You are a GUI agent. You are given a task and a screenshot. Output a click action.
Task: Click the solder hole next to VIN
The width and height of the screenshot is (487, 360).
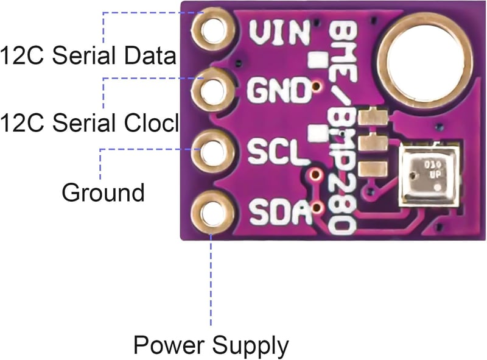[212, 30]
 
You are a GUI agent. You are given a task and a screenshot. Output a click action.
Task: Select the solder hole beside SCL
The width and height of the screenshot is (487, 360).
[212, 152]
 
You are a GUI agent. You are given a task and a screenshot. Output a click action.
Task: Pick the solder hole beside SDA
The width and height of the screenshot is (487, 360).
[212, 212]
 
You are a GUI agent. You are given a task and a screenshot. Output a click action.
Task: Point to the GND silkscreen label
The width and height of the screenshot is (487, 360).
[279, 90]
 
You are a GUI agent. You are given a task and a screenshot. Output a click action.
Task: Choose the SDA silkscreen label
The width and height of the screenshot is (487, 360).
[281, 212]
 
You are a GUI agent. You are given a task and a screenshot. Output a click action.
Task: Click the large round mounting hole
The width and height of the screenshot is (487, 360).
[426, 59]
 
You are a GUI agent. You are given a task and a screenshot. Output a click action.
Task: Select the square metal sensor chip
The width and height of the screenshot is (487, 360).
[429, 176]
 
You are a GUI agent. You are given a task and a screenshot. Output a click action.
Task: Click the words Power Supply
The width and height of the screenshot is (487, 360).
[211, 346]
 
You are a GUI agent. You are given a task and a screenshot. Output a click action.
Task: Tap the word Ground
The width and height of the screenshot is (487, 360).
[103, 192]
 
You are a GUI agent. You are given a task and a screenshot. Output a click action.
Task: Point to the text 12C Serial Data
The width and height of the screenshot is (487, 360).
[88, 55]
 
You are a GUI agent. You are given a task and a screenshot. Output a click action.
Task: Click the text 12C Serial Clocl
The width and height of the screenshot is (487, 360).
[89, 122]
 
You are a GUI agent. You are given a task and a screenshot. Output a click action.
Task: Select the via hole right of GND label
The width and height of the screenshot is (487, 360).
[316, 86]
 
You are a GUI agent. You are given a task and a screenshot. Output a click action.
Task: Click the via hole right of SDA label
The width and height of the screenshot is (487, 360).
[317, 207]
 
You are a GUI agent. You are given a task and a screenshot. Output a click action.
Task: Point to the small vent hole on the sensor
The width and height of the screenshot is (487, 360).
[437, 188]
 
